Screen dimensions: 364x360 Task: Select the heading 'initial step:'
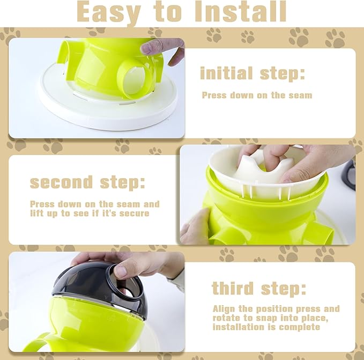(x=252, y=73)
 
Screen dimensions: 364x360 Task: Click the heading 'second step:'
(x=87, y=182)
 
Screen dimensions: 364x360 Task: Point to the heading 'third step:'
(x=259, y=288)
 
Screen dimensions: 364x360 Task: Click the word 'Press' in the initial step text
(x=214, y=95)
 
